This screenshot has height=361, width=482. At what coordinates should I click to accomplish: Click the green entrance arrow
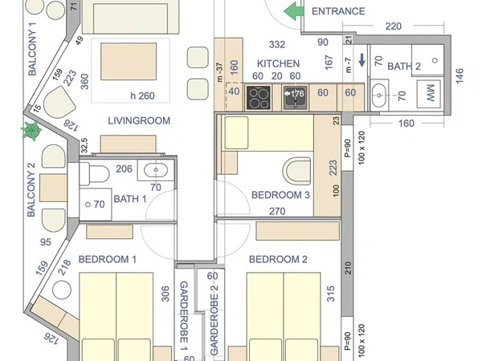coord(293,11)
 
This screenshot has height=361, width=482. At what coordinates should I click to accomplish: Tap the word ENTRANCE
coord(338,11)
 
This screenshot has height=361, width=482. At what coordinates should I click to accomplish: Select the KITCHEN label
coord(278,63)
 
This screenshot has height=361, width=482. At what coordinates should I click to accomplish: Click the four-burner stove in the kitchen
coord(258,98)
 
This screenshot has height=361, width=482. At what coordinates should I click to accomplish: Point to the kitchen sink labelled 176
coord(295,98)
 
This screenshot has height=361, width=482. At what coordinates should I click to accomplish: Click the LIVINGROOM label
coord(139,120)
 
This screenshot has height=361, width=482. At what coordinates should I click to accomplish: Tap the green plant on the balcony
coord(31,131)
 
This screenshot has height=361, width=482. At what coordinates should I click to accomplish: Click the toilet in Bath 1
coord(94,174)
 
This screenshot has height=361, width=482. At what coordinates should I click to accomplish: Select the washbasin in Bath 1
coord(156,170)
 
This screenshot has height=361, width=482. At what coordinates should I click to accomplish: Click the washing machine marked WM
coord(430,93)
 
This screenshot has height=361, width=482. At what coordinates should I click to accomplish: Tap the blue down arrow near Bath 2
coord(362,60)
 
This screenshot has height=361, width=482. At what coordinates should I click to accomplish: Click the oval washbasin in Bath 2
coord(379,95)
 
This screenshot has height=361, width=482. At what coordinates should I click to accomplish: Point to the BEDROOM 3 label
coord(280,195)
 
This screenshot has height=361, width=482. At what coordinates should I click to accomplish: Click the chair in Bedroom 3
coord(297,172)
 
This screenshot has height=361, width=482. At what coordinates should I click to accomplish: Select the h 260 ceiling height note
coord(142,95)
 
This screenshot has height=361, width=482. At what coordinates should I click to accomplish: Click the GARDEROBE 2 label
coord(214,320)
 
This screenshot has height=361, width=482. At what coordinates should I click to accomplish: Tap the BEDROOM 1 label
coord(108,259)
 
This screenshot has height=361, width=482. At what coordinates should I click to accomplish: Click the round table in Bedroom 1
coord(62,290)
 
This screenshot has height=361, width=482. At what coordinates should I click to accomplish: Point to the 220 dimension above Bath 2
coord(393,26)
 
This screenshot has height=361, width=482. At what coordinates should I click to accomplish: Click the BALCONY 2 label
coord(31,189)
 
